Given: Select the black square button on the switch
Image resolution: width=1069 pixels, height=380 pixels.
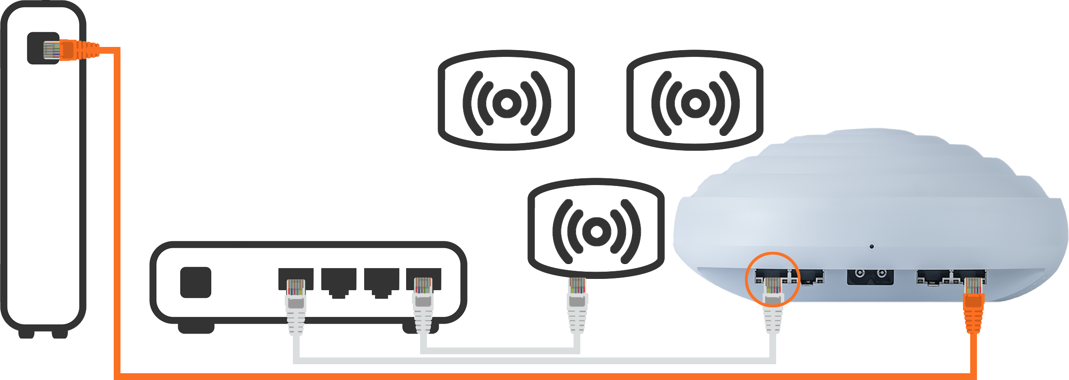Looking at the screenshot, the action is [x=195, y=283].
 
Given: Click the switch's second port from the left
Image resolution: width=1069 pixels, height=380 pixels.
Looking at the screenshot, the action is [x=338, y=281].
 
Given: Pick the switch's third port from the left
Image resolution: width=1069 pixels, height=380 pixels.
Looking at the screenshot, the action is [x=381, y=281].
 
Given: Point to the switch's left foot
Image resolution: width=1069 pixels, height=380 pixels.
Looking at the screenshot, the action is [x=196, y=328].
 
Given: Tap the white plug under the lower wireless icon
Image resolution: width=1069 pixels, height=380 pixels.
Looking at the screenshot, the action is [x=577, y=296].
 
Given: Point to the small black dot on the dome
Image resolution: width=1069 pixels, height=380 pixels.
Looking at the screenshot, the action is [x=871, y=246].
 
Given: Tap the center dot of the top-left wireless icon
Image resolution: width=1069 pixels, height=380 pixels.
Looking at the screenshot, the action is [x=507, y=103].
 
